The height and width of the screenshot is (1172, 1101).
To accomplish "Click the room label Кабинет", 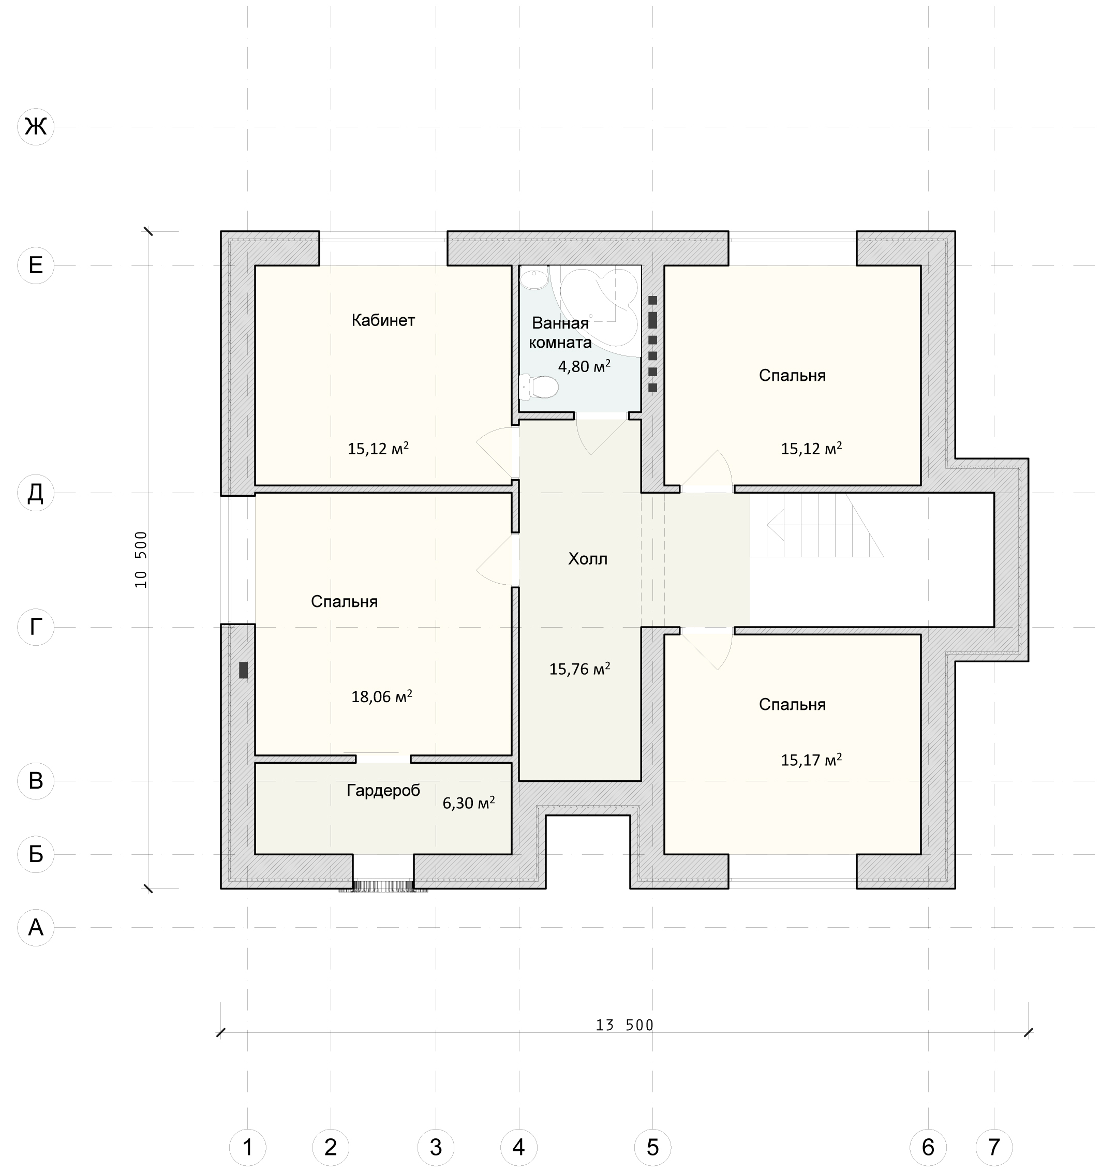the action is tap(383, 320).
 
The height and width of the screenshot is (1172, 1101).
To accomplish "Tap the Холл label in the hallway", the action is tap(588, 559).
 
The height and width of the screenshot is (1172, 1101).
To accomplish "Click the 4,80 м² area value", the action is tap(584, 366).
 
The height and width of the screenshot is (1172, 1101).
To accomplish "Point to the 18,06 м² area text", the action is tap(382, 696).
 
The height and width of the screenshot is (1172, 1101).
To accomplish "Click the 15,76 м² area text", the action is tap(579, 669).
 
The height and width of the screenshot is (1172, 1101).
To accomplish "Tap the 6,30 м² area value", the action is tap(469, 803).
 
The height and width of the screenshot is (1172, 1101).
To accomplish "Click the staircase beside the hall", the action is tap(816, 525).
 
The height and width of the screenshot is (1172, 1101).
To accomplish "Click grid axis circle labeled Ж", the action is tap(36, 126).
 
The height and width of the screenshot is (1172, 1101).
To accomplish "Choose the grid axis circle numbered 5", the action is tap(652, 1147).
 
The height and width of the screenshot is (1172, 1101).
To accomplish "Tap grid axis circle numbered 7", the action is tap(994, 1147).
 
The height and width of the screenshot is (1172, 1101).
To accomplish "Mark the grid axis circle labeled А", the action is tap(36, 927).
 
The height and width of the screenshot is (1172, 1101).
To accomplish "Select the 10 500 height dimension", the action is tap(141, 559).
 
